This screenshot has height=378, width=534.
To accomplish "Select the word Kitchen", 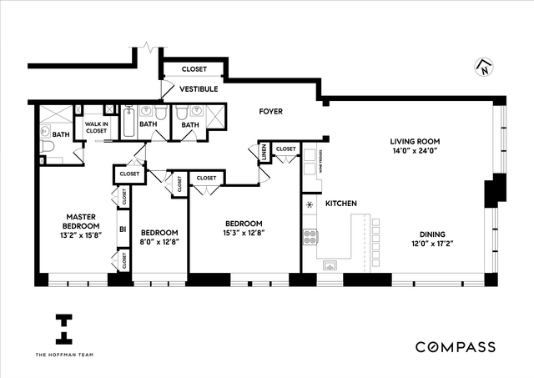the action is pos(341,204).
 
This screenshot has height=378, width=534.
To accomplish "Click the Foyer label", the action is pos(270,111).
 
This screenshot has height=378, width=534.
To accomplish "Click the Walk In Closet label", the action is pos(96,128).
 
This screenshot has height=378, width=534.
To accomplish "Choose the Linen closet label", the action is pos(264,152).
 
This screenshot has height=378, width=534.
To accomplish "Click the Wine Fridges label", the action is pos(320,164).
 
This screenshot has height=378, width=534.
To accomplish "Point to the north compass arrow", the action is pos(483,68).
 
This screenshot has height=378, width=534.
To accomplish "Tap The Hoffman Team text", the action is pos(63,356).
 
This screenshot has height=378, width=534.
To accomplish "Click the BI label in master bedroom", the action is pos(122,228).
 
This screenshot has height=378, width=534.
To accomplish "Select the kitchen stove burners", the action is pos(310,234).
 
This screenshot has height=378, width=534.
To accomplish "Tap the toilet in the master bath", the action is pos(47,148).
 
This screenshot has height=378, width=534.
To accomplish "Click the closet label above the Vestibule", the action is pos(193,69).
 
